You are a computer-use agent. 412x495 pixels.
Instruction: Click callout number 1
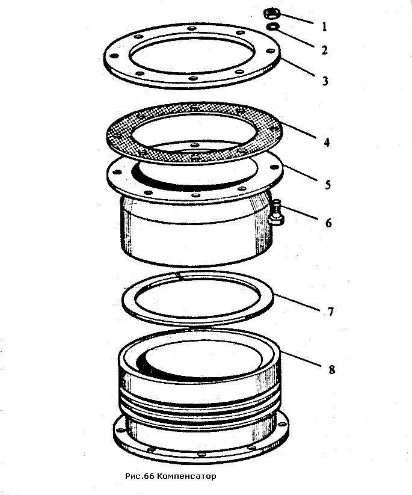pyautogui.click(x=325, y=26)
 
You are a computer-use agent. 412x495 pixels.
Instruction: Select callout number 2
pyautogui.click(x=325, y=50)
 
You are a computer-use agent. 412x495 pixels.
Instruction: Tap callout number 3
pyautogui.click(x=325, y=81)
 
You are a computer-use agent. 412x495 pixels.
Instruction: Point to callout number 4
pyautogui.click(x=327, y=143)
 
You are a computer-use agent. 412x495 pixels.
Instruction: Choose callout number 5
pyautogui.click(x=328, y=185)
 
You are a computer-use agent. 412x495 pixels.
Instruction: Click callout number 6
pyautogui.click(x=328, y=223)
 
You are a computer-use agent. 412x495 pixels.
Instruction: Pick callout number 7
pyautogui.click(x=331, y=312)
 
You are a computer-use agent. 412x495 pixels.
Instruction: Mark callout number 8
pyautogui.click(x=331, y=370)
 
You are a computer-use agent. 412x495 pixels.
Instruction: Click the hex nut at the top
pyautogui.click(x=272, y=14)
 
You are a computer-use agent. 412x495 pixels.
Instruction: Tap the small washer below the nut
pyautogui.click(x=272, y=28)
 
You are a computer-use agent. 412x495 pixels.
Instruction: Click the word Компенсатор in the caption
pyautogui.click(x=186, y=476)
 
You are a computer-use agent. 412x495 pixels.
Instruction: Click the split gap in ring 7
pyautogui.click(x=180, y=276)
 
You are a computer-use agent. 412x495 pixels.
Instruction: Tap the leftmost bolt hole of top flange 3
pyautogui.click(x=114, y=56)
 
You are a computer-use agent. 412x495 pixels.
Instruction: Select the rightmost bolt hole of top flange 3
pyautogui.click(x=270, y=51)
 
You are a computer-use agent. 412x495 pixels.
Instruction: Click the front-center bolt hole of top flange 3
pyautogui.click(x=192, y=78)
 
